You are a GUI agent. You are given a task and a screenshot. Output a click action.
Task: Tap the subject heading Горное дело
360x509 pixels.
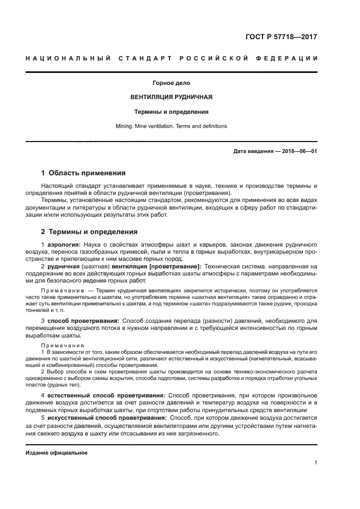tap(171, 83)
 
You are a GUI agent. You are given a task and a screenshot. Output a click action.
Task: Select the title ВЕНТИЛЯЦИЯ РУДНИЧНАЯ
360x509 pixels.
tap(171, 97)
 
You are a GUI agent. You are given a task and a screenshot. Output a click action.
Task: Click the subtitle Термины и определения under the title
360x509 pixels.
tap(172, 112)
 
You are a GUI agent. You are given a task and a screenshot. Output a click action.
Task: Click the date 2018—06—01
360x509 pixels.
tap(297, 151)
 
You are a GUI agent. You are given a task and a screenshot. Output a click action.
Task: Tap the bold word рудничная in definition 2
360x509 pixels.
tap(63, 267)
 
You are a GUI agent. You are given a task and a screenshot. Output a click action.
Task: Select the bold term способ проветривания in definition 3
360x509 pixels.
tap(83, 321)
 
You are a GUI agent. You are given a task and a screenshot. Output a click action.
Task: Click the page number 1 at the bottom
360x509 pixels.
tap(315, 463)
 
